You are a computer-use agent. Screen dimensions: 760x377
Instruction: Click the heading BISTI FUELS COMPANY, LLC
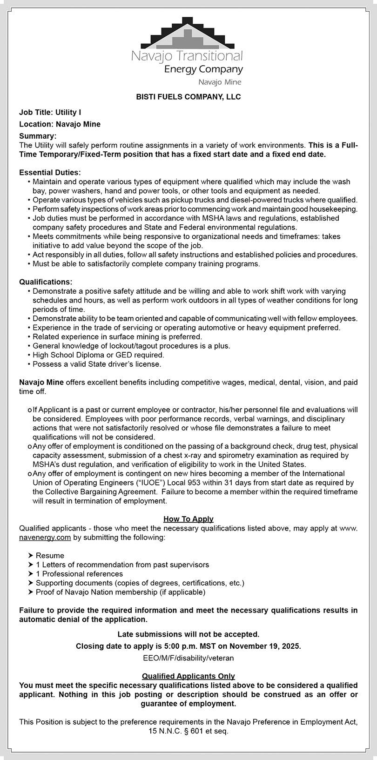pyautogui.click(x=188, y=97)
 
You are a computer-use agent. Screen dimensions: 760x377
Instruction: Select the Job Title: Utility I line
pyautogui.click(x=50, y=112)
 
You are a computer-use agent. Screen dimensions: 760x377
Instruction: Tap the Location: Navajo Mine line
pyautogui.click(x=60, y=124)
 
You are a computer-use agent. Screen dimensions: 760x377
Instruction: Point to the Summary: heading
pyautogui.click(x=38, y=136)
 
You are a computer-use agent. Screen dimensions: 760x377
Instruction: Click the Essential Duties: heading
pyautogui.click(x=50, y=173)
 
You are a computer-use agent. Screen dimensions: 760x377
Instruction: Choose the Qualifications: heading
pyautogui.click(x=46, y=282)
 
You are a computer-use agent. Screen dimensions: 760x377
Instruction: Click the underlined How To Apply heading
pyautogui.click(x=188, y=519)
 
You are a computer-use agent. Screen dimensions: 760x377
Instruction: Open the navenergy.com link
pyautogui.click(x=45, y=538)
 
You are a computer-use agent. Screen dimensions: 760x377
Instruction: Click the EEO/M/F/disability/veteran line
pyautogui.click(x=188, y=658)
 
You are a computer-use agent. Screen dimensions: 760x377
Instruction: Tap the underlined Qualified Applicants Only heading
pyautogui.click(x=188, y=676)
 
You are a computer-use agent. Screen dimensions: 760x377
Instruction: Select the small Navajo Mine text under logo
pyautogui.click(x=220, y=82)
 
